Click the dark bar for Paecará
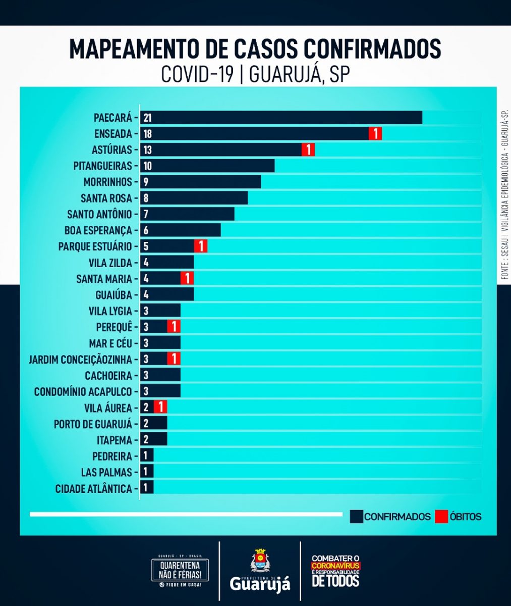point(281,118)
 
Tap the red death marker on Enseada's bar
point(375,134)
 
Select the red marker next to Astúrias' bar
point(308,150)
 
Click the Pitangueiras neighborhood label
point(102,166)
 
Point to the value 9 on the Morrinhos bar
point(146,182)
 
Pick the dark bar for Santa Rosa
point(194,198)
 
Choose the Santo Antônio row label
point(99,214)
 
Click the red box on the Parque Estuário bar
point(201,246)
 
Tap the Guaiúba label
point(113,295)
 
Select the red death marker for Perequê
point(174,327)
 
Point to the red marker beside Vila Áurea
point(160,408)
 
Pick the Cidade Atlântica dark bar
point(147,488)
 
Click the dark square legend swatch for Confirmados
point(357,516)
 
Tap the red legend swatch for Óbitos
point(441,516)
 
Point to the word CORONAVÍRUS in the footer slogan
point(336,566)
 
